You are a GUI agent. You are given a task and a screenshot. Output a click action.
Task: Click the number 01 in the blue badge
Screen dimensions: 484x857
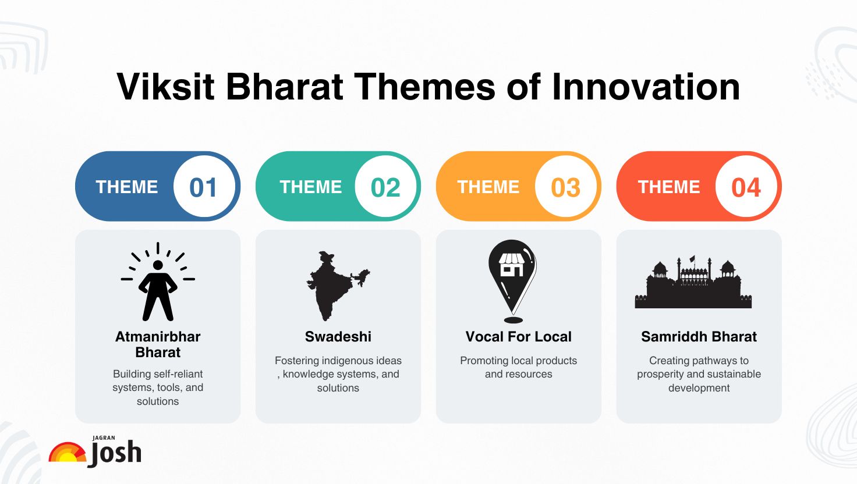point(203,187)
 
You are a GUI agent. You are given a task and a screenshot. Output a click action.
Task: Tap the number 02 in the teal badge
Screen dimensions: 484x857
point(385,187)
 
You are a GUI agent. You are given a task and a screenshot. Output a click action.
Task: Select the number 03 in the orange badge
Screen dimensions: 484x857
point(565,187)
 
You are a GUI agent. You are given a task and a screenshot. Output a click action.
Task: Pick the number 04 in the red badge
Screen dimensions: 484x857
point(746,187)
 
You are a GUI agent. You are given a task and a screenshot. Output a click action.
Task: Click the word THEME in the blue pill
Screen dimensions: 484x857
point(127,187)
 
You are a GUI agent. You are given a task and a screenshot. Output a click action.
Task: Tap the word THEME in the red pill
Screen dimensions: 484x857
point(669,187)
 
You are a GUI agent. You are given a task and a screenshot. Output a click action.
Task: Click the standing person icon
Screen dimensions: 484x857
point(158,284)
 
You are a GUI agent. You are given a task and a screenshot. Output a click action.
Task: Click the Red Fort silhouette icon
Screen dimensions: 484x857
point(693,285)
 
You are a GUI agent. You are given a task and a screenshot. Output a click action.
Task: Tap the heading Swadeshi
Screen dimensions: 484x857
point(338,337)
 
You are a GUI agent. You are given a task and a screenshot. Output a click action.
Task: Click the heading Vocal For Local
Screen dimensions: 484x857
point(518,337)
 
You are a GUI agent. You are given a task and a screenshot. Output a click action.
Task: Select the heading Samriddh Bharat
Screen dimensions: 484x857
point(699,337)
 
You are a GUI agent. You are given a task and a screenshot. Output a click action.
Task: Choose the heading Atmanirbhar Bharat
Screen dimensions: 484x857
point(158,344)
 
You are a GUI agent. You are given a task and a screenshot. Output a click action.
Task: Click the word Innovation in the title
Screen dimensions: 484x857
point(646,87)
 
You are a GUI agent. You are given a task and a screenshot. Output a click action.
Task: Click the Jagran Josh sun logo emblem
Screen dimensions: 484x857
point(67,453)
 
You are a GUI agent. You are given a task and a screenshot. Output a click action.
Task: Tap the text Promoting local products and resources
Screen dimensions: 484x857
point(518,367)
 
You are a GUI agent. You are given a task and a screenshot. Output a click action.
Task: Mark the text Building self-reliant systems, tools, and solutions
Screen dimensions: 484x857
point(158,387)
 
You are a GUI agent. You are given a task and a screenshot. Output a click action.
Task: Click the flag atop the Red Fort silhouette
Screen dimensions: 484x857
point(692,259)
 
